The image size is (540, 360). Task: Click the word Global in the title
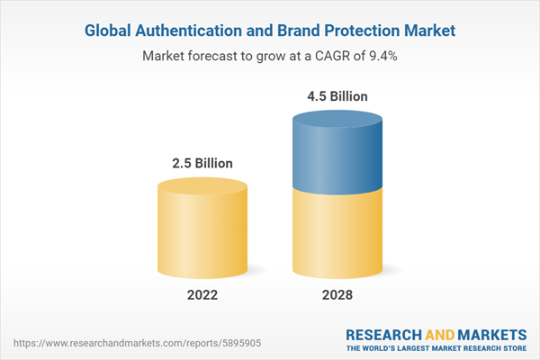[109, 31]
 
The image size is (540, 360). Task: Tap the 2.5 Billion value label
[202, 163]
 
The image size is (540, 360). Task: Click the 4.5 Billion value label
[337, 95]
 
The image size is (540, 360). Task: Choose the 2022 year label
[202, 295]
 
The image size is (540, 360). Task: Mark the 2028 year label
[337, 295]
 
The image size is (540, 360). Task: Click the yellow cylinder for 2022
[202, 229]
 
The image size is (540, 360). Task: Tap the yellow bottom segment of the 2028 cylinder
[337, 234]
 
